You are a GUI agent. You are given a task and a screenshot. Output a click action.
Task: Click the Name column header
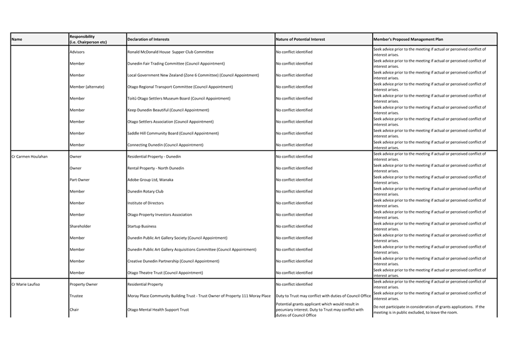[x=17, y=39]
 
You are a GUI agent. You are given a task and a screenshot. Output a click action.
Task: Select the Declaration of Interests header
[x=148, y=39]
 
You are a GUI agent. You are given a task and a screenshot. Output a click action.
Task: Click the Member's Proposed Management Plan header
[x=409, y=39]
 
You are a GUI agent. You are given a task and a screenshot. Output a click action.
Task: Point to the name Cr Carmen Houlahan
[x=29, y=156]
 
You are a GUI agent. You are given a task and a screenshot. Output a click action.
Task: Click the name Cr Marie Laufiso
[x=26, y=284]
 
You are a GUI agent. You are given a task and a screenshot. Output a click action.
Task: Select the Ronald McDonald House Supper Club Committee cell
[x=170, y=52]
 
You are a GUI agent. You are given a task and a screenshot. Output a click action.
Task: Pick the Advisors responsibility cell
[x=77, y=52]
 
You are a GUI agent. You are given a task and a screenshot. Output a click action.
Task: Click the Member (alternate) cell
[x=87, y=87]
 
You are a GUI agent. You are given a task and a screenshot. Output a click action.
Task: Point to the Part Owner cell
[x=80, y=179]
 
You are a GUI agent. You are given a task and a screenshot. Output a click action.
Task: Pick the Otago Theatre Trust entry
[x=165, y=273]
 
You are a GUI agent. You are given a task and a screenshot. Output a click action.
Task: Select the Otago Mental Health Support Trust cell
[x=158, y=310]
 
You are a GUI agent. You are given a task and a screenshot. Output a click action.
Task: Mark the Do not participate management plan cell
[x=429, y=310]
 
